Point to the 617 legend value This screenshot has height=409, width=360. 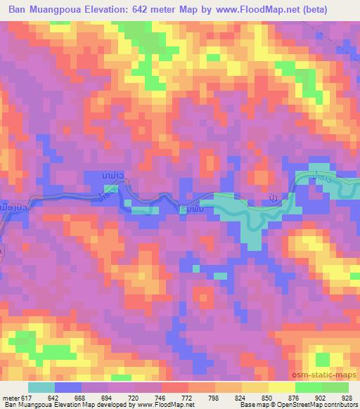coord(25,398)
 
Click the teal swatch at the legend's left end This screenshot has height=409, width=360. coord(41,387)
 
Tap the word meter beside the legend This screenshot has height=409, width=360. coord(10,398)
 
